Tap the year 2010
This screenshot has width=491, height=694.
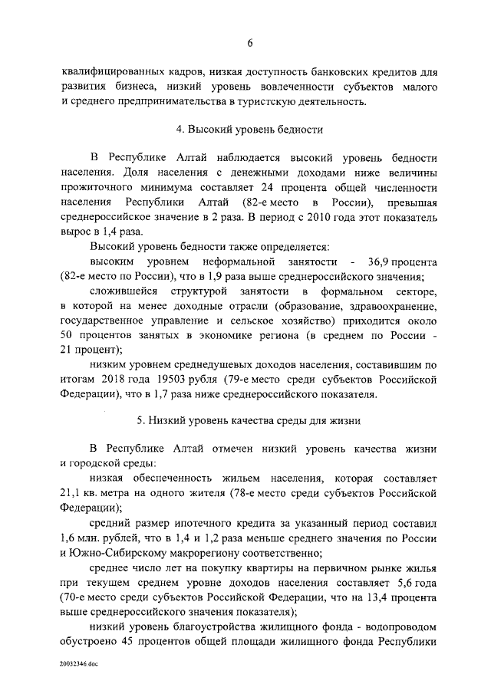click(x=315, y=217)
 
